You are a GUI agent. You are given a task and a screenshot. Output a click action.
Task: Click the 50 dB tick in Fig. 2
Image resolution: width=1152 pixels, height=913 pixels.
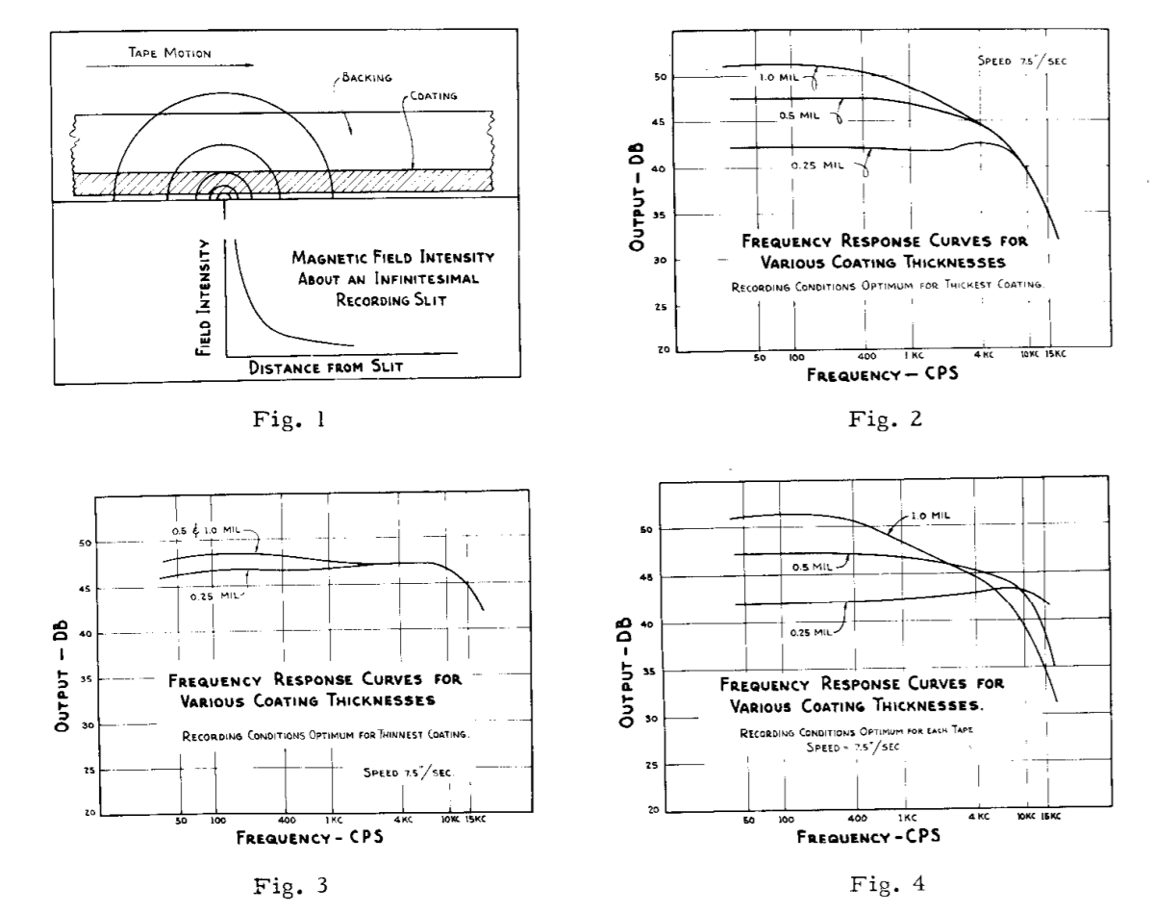click(x=647, y=77)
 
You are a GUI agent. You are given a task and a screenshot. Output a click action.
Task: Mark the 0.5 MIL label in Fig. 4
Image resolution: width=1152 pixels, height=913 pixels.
click(x=812, y=567)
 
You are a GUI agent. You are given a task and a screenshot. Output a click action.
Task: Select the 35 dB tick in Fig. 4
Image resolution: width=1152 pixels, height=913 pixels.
click(x=648, y=671)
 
